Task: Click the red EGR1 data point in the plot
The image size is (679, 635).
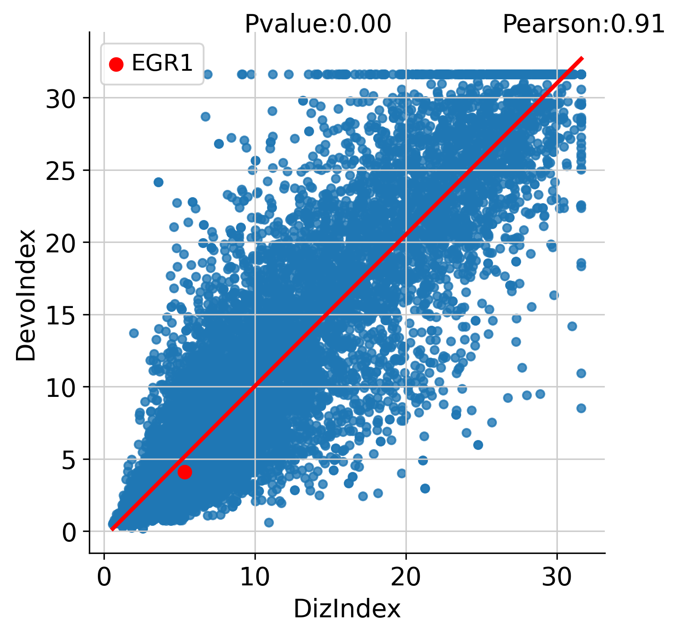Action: coord(185,472)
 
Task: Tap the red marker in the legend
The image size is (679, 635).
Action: coord(116,64)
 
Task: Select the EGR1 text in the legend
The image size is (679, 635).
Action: coord(162,63)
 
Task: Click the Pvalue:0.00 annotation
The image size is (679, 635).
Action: coord(318,24)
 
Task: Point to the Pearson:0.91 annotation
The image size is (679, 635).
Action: coord(584,24)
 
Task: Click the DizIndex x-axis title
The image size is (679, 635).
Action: coord(347,609)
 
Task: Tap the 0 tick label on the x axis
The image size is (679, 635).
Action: coord(104,577)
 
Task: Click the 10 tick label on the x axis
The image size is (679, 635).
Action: coord(255,577)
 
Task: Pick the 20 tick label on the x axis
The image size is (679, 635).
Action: coord(406,577)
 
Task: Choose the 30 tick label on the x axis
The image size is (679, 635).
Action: coord(556,577)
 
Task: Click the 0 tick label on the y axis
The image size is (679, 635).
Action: coord(69,533)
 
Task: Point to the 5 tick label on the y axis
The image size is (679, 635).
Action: coord(69,460)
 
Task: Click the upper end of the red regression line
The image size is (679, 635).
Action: coord(582,58)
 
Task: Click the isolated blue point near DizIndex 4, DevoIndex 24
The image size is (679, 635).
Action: coord(158,182)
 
